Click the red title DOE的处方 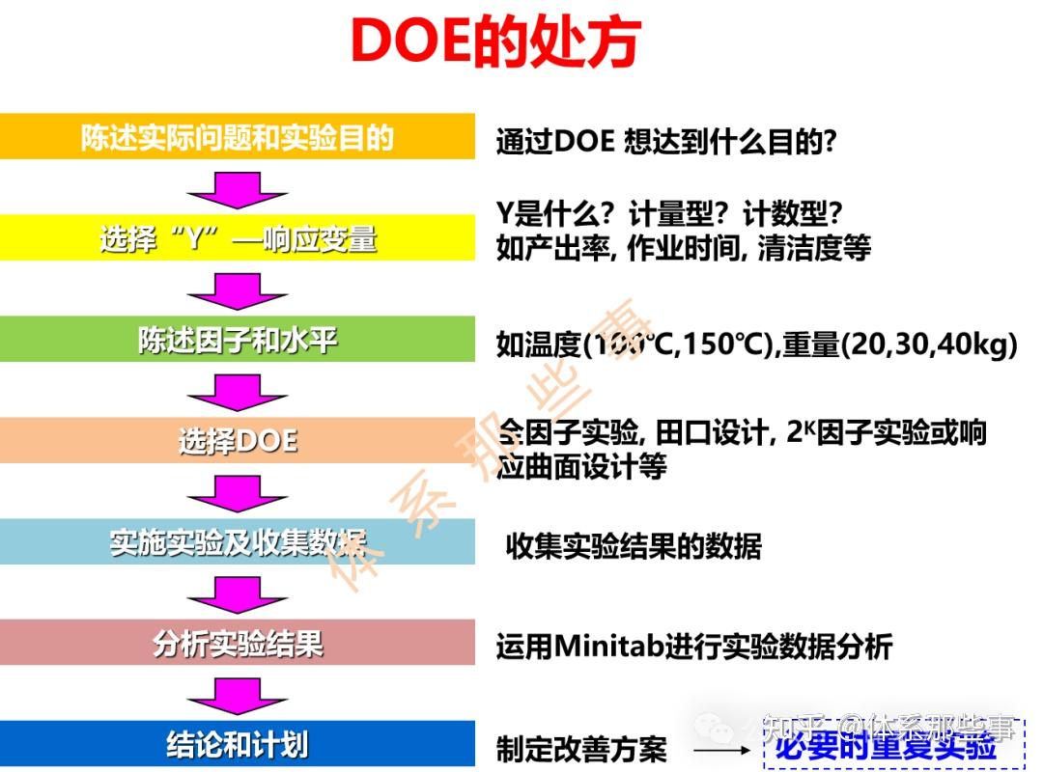495,41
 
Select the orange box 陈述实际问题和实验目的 238,136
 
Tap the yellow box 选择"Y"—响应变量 238,237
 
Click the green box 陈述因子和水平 238,340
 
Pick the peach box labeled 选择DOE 238,440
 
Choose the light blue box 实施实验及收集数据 238,542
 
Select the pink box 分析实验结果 238,643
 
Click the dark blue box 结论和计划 238,744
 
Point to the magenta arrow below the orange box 238,187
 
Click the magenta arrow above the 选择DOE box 238,390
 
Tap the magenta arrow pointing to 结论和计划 238,694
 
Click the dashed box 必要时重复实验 886,746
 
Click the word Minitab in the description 606,646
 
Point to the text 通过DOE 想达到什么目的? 665,142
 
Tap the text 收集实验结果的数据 634,546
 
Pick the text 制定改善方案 581,749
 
